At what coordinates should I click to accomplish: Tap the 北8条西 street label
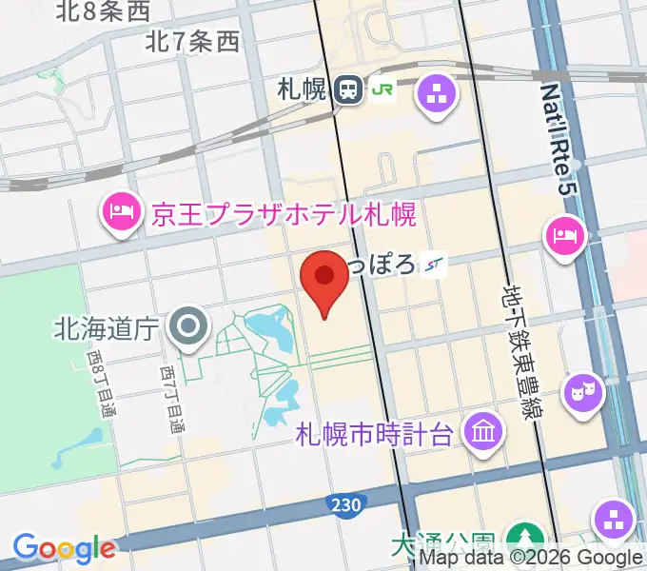coord(105,11)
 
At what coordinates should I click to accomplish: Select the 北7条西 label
coord(193,42)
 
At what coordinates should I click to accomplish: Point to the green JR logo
coord(383,90)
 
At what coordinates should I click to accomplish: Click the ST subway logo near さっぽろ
coord(436,265)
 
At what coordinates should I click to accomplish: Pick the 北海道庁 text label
coord(106,329)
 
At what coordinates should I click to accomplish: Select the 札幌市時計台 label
coord(373,435)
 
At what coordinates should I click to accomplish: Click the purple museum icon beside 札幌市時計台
coord(483,433)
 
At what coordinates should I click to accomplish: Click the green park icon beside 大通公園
coord(521,539)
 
